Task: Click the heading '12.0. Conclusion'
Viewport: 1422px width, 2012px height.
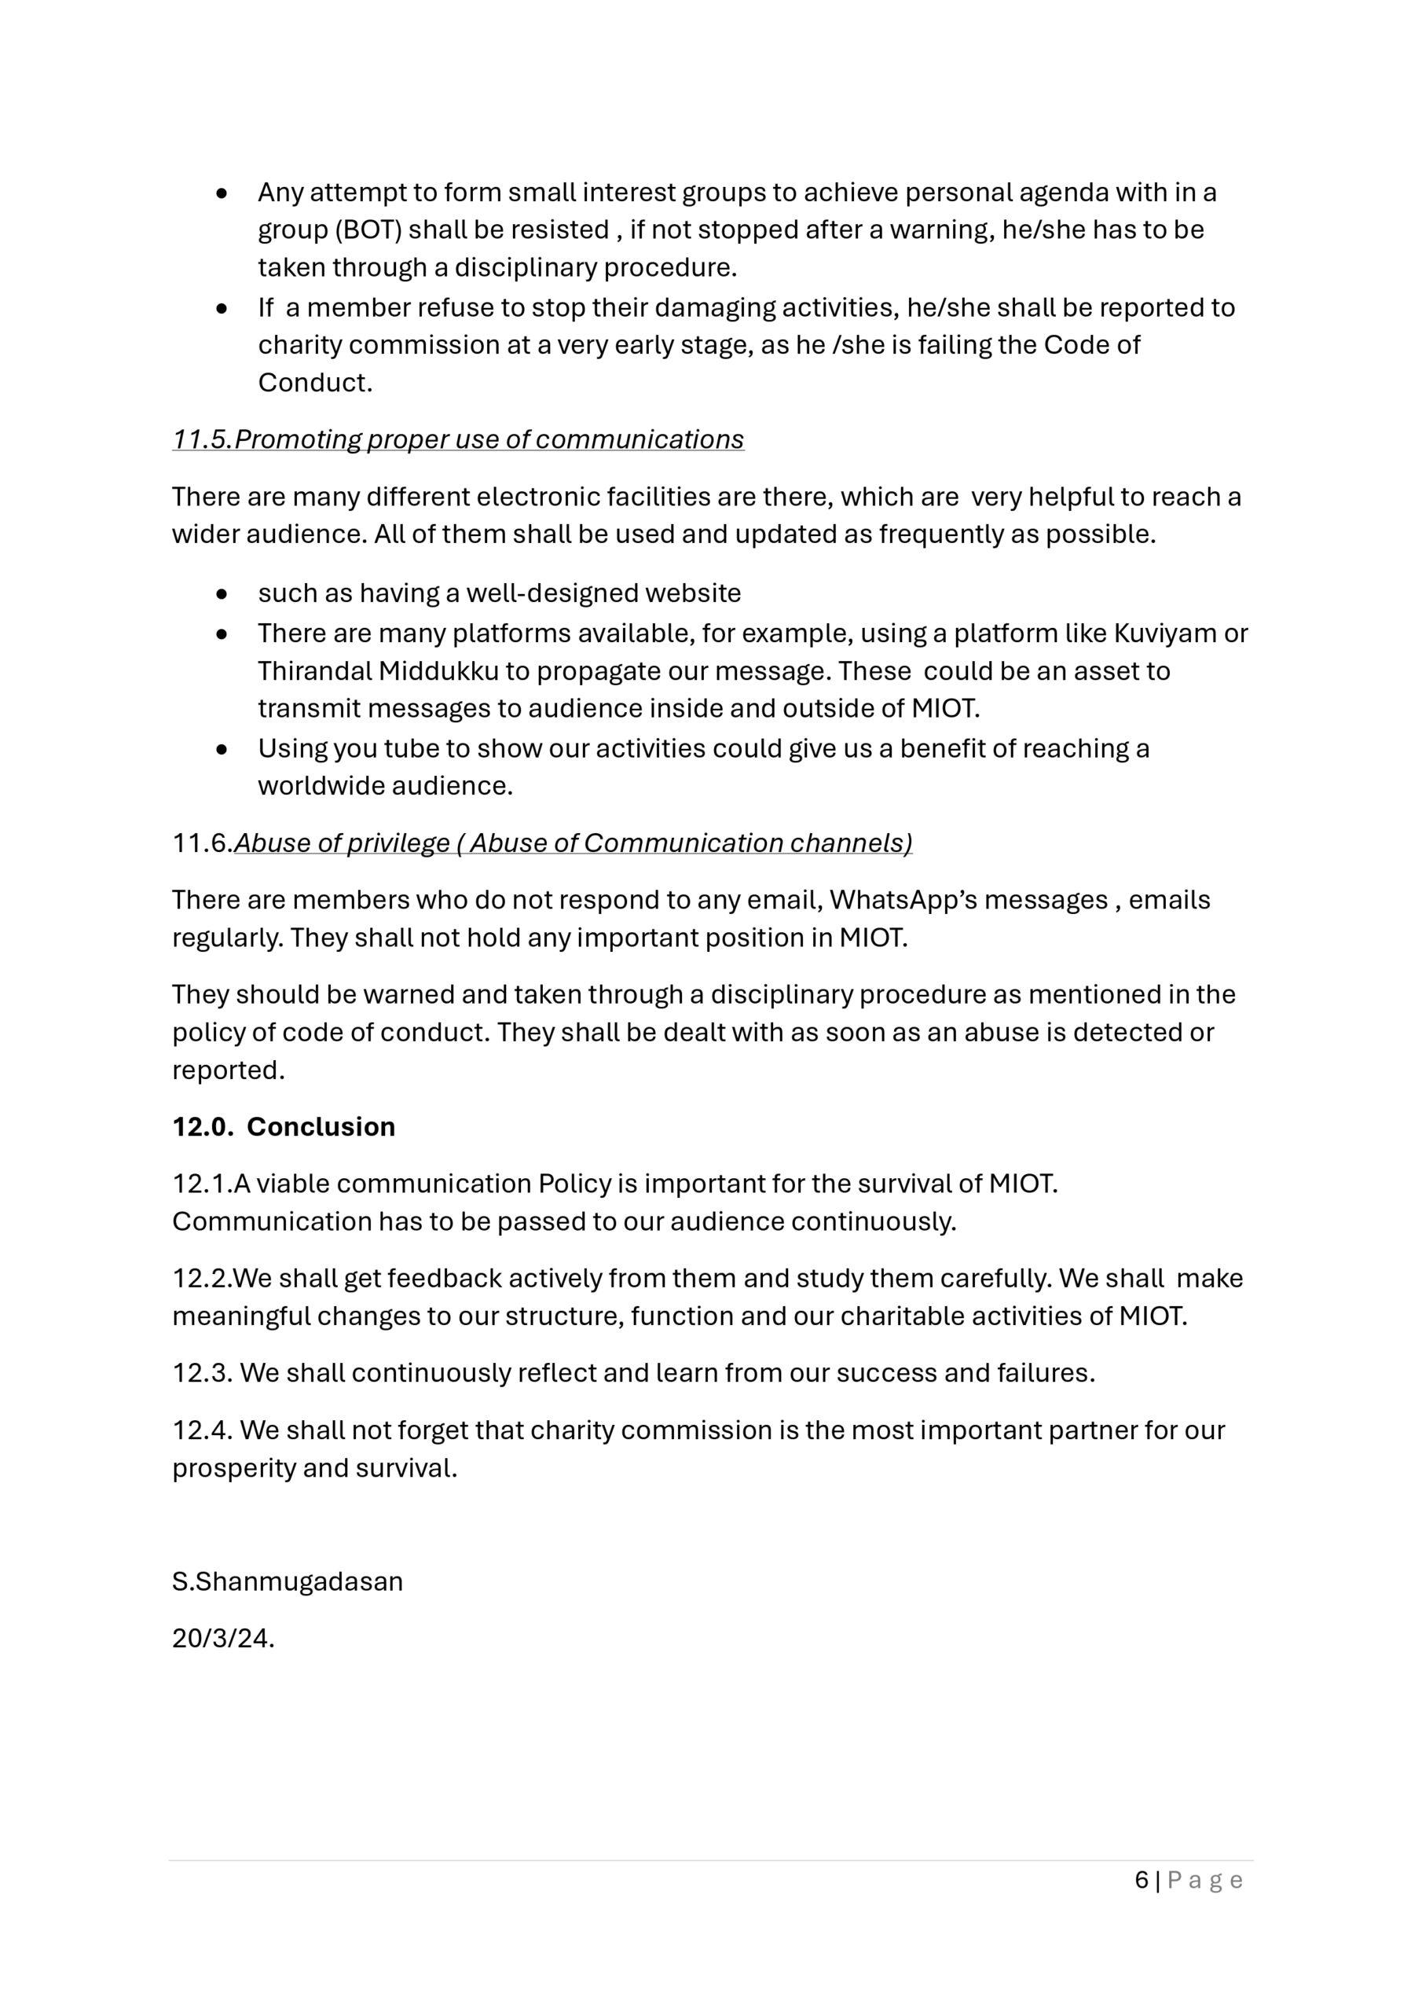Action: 283,1126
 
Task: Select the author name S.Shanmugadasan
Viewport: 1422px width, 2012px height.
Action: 288,1581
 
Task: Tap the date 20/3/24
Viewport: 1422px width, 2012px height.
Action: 222,1638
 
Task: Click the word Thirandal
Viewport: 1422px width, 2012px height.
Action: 313,670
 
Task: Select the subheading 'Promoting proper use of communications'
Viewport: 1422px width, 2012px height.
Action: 489,439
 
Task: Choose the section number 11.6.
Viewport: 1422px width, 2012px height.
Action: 202,843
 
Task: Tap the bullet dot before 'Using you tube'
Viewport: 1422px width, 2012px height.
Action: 222,750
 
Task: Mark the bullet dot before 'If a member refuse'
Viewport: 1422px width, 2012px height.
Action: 222,308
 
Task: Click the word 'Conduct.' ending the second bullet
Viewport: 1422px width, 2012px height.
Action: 314,383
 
